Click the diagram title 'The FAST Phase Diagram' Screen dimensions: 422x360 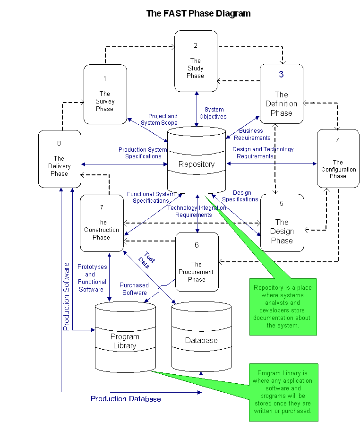pos(198,13)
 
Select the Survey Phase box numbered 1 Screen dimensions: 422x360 pos(105,95)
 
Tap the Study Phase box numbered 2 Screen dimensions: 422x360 pos(196,61)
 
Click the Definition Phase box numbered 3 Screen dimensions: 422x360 pos(281,94)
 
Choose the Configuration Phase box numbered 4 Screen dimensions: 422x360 pos(338,158)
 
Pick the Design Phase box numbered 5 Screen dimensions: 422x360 pos(282,223)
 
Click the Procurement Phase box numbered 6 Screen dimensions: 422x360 pos(197,262)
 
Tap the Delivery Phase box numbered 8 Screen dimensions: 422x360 pos(60,159)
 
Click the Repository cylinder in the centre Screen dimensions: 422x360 pos(197,164)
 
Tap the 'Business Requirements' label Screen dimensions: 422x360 pos(255,134)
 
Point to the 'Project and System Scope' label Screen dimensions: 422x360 pos(163,119)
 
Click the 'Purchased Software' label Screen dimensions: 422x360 pos(134,289)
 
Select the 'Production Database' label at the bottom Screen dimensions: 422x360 pos(126,399)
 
